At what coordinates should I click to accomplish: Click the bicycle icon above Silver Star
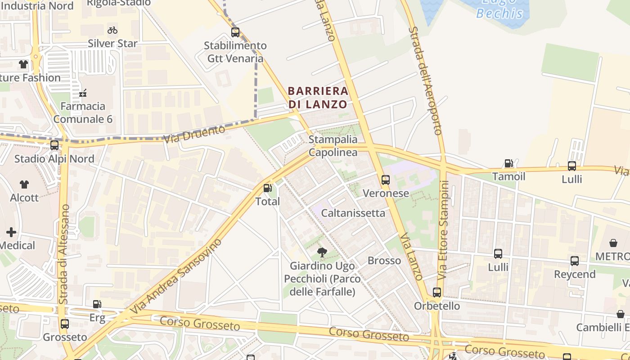(112, 30)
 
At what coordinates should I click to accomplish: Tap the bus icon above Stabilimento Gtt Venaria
(235, 32)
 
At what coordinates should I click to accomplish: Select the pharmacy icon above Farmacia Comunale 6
(83, 93)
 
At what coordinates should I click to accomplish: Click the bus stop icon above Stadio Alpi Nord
(54, 145)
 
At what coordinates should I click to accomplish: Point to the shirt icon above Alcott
(24, 184)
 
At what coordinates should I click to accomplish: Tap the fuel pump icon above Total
(268, 188)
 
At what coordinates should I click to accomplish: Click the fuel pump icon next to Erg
(97, 305)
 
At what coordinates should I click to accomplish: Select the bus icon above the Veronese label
(386, 180)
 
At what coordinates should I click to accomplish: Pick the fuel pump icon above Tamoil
(508, 163)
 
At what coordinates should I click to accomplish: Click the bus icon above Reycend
(575, 261)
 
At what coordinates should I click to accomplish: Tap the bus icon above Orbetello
(436, 292)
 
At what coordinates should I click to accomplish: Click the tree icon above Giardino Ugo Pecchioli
(322, 252)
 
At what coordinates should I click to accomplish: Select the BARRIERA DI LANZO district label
(318, 98)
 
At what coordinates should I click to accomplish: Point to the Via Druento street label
(194, 134)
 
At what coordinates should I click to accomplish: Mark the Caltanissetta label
(353, 213)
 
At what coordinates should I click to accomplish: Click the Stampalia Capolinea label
(333, 146)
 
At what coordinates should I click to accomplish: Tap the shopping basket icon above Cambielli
(621, 314)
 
